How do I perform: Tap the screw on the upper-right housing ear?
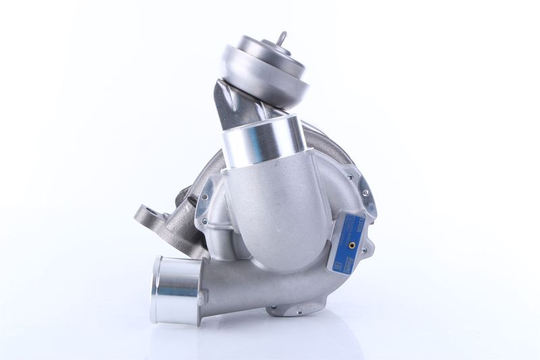pyautogui.click(x=365, y=192)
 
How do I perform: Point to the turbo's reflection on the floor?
pyautogui.click(x=270, y=338)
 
